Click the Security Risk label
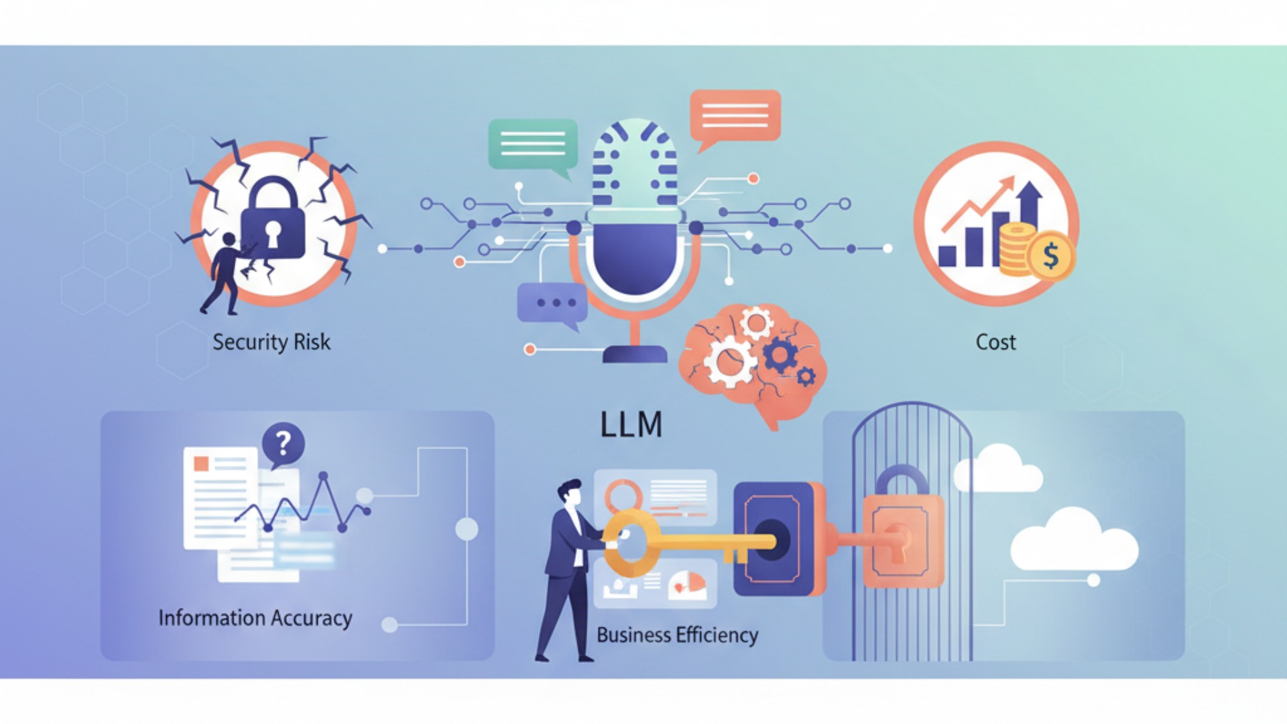[271, 342]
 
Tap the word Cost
[995, 342]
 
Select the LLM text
[631, 424]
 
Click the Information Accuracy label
[255, 617]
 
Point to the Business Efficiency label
[677, 634]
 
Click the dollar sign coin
[1050, 256]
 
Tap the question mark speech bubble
[283, 444]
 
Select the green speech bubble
[533, 144]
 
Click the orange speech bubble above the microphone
[735, 116]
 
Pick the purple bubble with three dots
[552, 303]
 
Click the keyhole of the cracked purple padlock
[273, 232]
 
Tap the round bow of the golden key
[627, 543]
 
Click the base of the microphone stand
[634, 354]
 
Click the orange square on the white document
[201, 463]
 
